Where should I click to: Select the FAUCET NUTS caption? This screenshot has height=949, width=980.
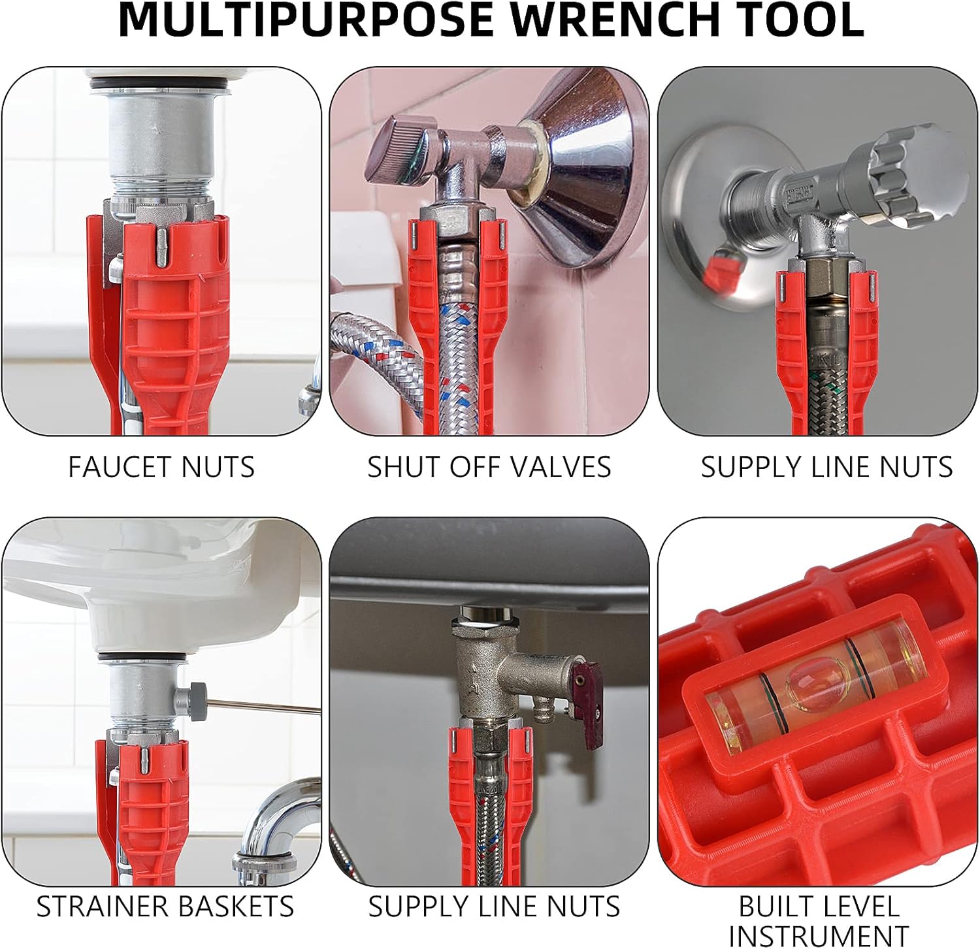161,467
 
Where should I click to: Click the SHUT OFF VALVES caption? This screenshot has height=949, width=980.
489,467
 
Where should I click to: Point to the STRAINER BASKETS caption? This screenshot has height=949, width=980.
165,907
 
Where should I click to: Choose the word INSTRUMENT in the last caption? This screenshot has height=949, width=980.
818,935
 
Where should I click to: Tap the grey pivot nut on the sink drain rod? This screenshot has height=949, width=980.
195,700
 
